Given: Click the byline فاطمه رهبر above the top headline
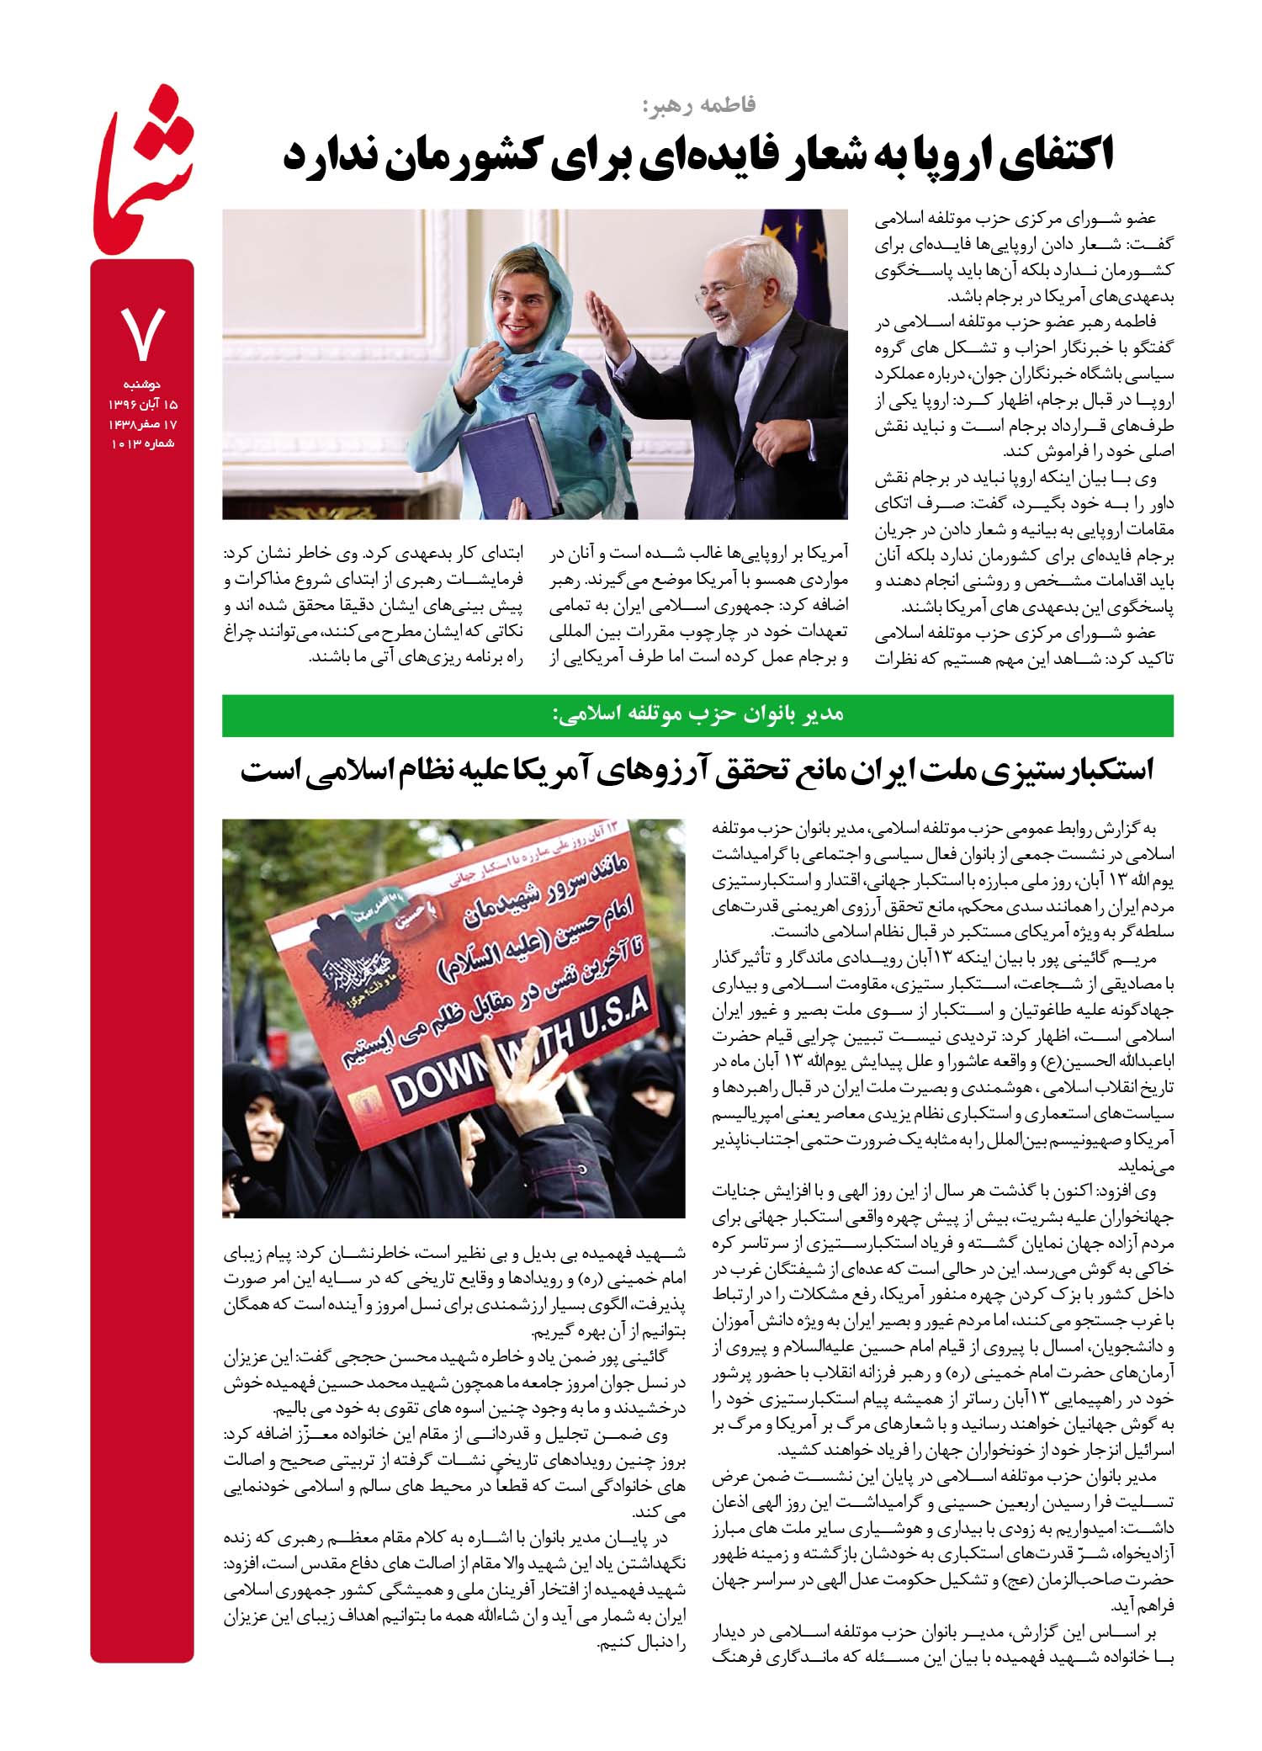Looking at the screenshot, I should coord(698,104).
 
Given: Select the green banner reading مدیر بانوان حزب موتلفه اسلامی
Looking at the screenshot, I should coord(697,714).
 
